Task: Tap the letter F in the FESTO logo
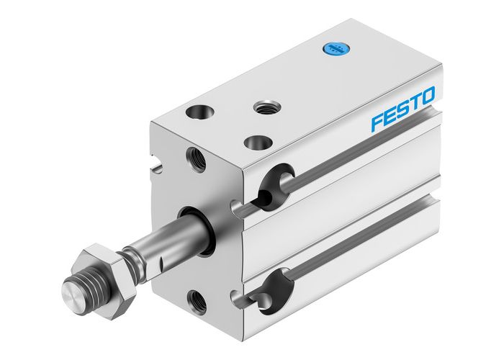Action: point(377,121)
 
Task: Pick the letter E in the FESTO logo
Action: point(390,115)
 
